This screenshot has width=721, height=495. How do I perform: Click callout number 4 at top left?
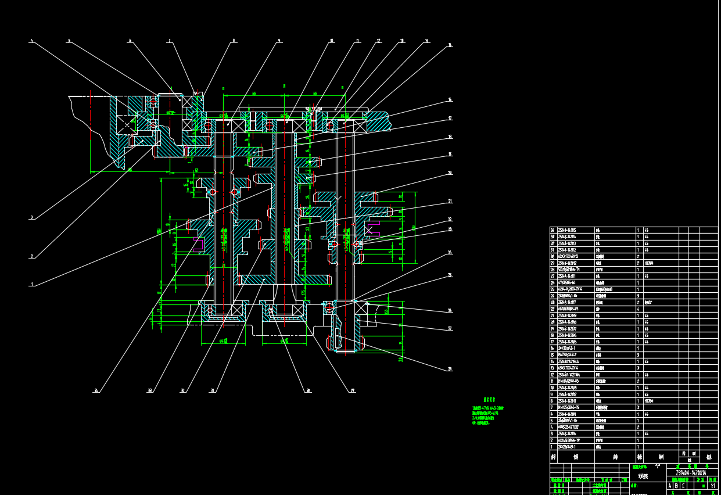[x=31, y=41]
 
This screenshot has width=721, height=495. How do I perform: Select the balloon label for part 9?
[x=279, y=41]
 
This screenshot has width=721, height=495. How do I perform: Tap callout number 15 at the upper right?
[x=450, y=45]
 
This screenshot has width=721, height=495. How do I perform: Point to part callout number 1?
[x=32, y=285]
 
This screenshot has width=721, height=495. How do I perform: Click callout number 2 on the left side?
[x=31, y=256]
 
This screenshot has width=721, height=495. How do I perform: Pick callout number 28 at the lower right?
[x=450, y=369]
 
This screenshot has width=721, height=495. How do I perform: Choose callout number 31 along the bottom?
[x=212, y=390]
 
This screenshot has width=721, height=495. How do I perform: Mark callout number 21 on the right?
[x=450, y=202]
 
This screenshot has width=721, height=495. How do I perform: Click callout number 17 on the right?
[x=450, y=119]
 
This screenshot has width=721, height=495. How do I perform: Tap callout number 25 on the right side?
[x=450, y=275]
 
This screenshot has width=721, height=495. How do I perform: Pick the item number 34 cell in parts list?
[x=553, y=230]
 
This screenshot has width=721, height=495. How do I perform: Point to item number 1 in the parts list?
[x=553, y=447]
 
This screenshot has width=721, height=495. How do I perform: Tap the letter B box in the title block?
[x=676, y=486]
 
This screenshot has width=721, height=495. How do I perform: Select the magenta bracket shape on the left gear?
[x=198, y=244]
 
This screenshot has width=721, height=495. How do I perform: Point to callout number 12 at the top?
[x=378, y=41]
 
